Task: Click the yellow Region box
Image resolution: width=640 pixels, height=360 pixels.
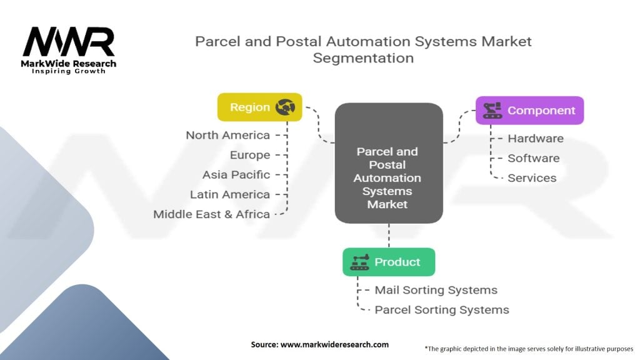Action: pyautogui.click(x=259, y=107)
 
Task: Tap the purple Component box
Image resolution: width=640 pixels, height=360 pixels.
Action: pyautogui.click(x=529, y=111)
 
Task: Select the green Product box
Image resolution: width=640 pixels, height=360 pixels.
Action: pyautogui.click(x=388, y=262)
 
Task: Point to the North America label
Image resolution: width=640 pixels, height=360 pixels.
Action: pyautogui.click(x=228, y=135)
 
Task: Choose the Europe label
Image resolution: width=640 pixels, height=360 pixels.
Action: pyautogui.click(x=250, y=155)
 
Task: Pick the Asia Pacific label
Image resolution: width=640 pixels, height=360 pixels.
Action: pyautogui.click(x=236, y=174)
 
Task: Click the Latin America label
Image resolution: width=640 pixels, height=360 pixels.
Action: pyautogui.click(x=230, y=194)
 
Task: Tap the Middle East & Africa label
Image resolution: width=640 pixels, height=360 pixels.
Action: pyautogui.click(x=212, y=214)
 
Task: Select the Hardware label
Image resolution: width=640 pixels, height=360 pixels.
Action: pyautogui.click(x=536, y=139)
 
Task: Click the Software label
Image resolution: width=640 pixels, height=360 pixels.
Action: pyautogui.click(x=534, y=158)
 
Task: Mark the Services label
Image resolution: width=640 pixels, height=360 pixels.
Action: pyautogui.click(x=532, y=178)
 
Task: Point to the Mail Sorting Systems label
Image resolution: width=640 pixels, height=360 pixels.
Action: pyautogui.click(x=436, y=290)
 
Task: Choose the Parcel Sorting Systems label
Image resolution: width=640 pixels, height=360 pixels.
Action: pyautogui.click(x=442, y=309)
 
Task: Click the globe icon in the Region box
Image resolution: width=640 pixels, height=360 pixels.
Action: pyautogui.click(x=286, y=107)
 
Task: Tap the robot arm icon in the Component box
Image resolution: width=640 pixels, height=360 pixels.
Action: pyautogui.click(x=492, y=111)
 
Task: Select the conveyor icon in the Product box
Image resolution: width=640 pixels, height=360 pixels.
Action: pyautogui.click(x=359, y=262)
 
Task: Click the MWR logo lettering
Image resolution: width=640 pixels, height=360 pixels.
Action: pyautogui.click(x=69, y=42)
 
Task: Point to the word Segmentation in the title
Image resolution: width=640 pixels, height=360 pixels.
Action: pyautogui.click(x=363, y=58)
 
